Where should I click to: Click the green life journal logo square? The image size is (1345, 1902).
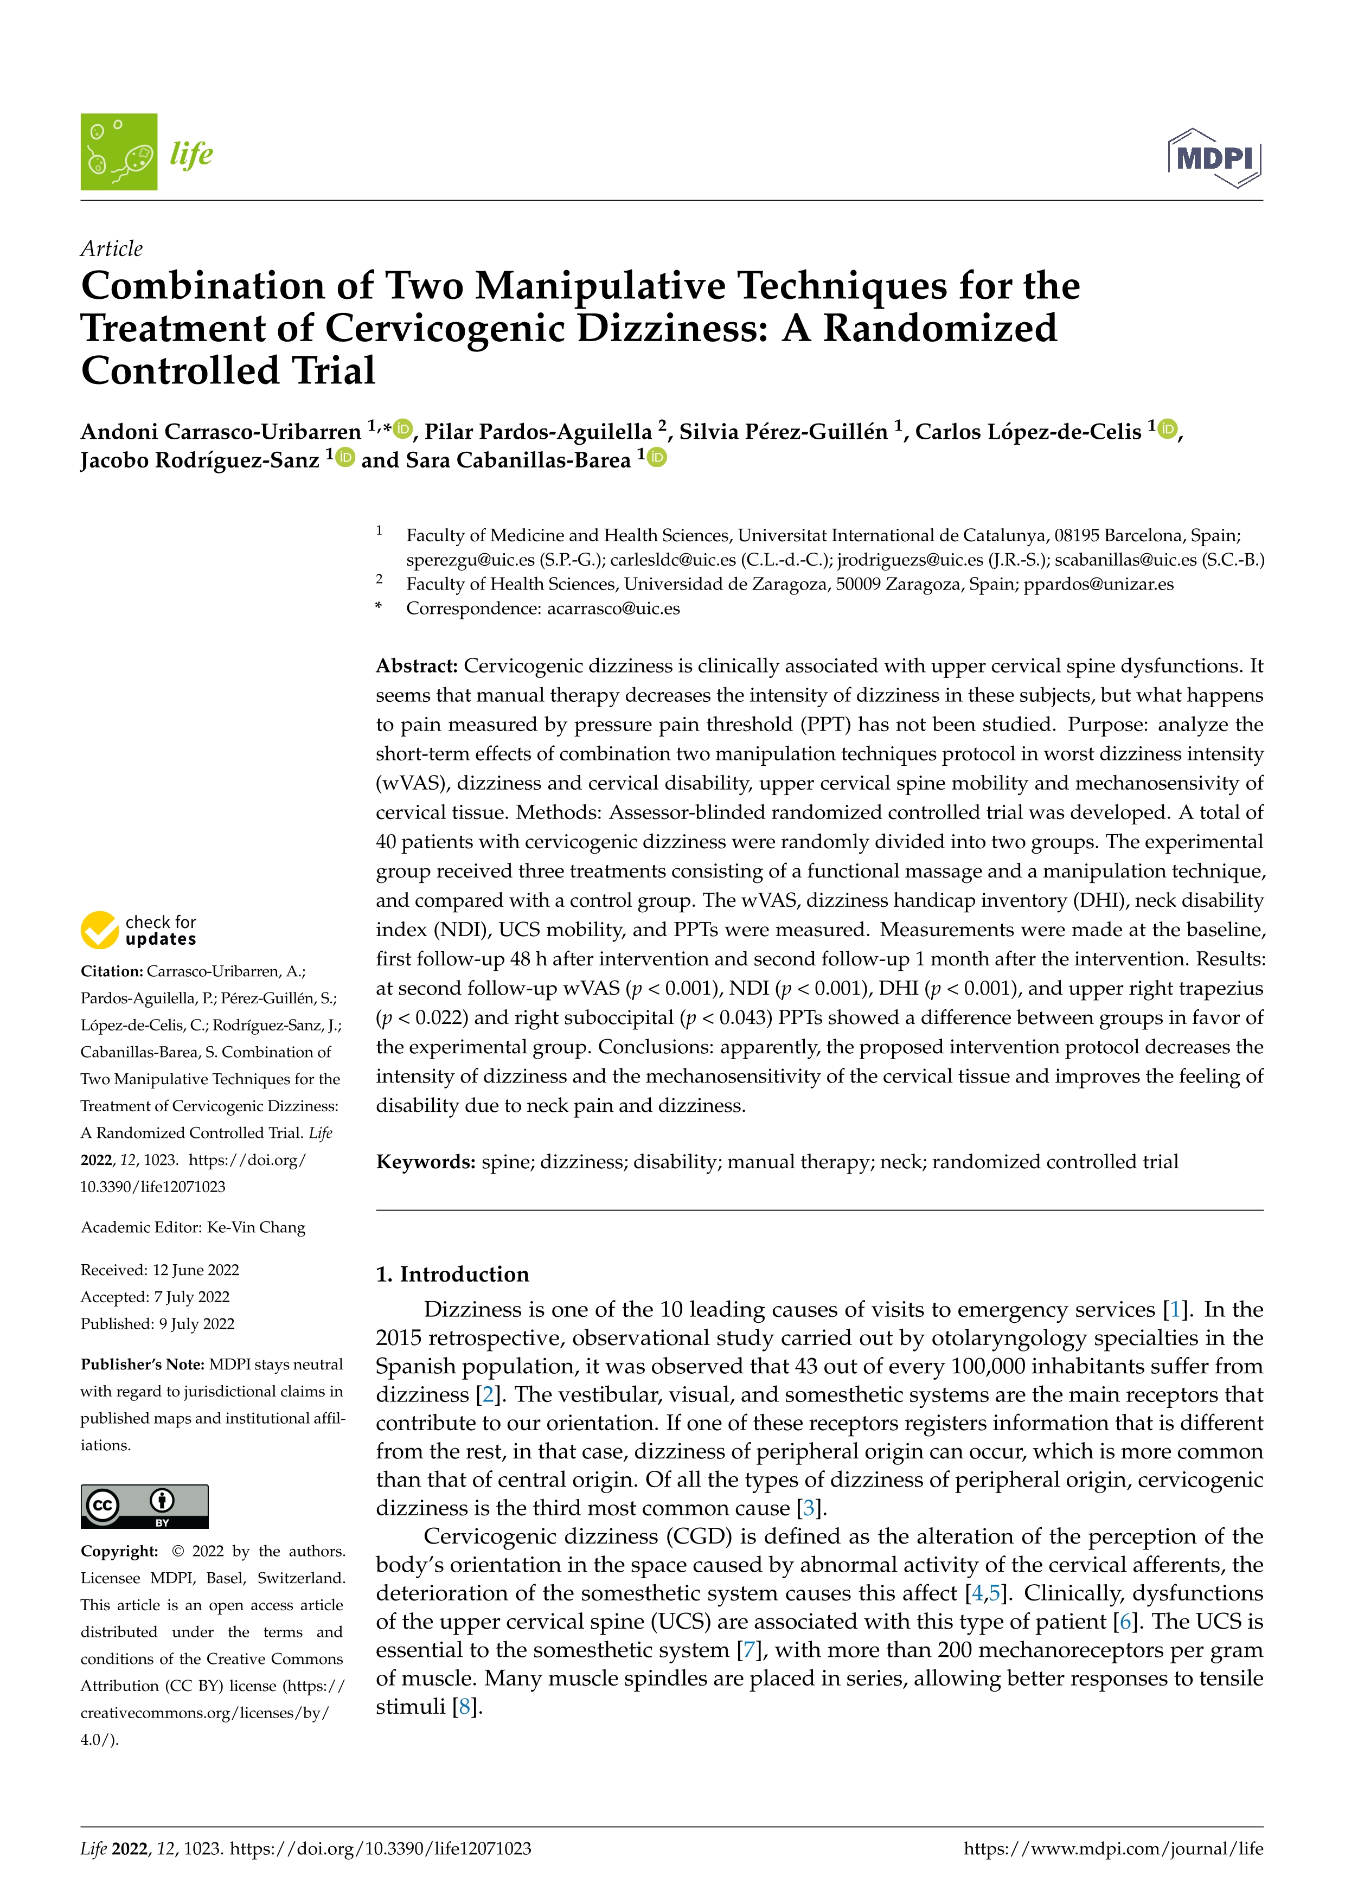click(118, 152)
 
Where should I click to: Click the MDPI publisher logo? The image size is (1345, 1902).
click(1214, 157)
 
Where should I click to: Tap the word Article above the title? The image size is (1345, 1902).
click(111, 248)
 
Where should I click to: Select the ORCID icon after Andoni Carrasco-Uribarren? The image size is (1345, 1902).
click(403, 429)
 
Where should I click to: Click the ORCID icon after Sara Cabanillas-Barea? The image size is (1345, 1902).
click(657, 457)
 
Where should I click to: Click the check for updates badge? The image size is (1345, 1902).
click(138, 930)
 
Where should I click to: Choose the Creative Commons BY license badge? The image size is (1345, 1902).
click(144, 1506)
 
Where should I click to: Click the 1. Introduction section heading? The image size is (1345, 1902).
click(452, 1274)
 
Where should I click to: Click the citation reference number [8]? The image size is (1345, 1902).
click(465, 1707)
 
